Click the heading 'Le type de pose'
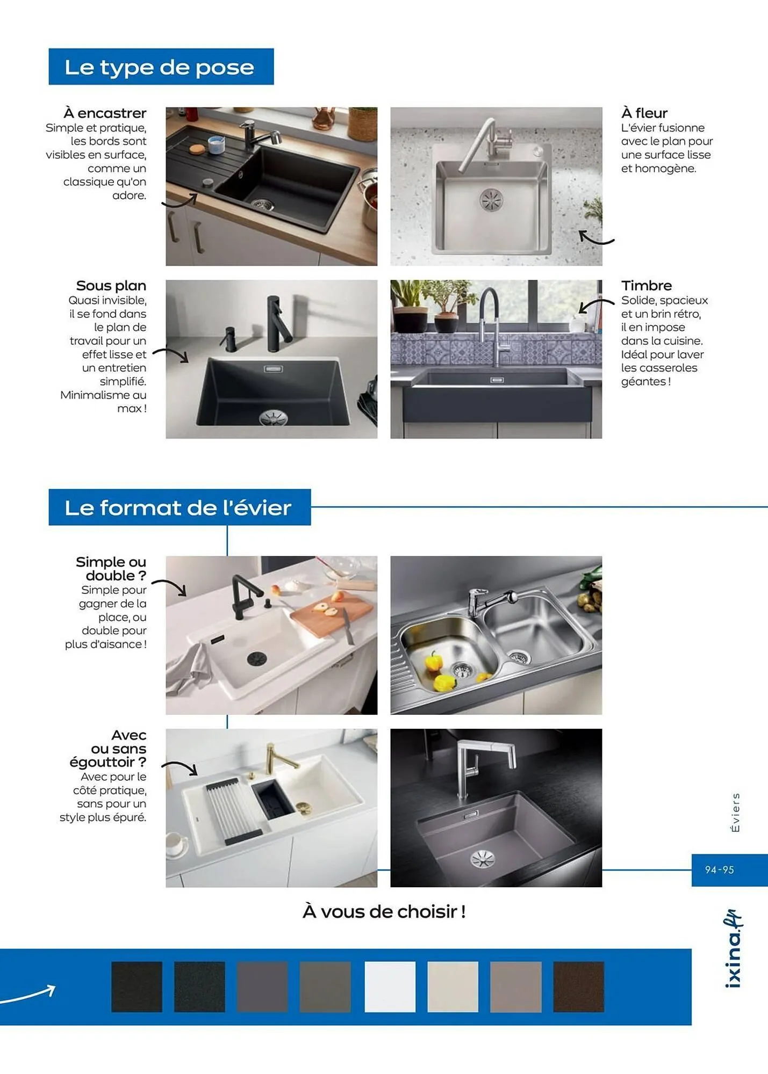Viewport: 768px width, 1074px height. [x=160, y=67]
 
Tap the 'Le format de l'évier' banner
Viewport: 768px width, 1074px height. [x=178, y=507]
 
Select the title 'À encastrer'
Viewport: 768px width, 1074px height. [x=105, y=113]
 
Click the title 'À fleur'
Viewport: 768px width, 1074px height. [x=644, y=113]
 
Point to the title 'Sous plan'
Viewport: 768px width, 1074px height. [x=111, y=286]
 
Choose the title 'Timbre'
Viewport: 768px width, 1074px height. [x=646, y=286]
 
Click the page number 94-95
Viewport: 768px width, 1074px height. [x=719, y=870]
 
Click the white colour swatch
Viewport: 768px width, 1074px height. [x=390, y=986]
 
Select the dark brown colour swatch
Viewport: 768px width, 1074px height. [x=578, y=986]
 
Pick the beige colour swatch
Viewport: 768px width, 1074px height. [x=453, y=986]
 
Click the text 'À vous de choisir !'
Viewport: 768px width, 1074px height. [x=384, y=912]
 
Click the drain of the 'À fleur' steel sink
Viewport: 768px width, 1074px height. [x=491, y=199]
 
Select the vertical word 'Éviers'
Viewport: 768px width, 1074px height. [x=735, y=812]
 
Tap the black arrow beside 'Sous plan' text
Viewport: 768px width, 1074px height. [x=171, y=354]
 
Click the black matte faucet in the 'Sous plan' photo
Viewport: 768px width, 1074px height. [x=277, y=322]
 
